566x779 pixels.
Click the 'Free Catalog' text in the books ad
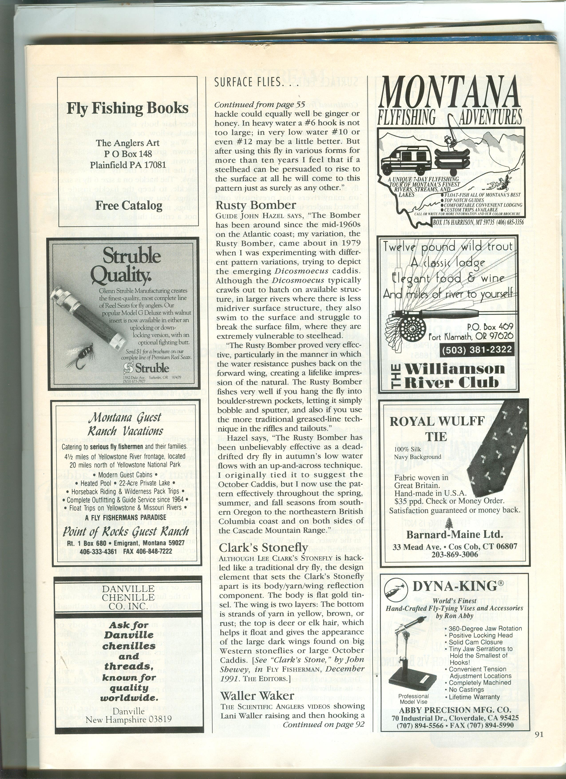tap(129, 206)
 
